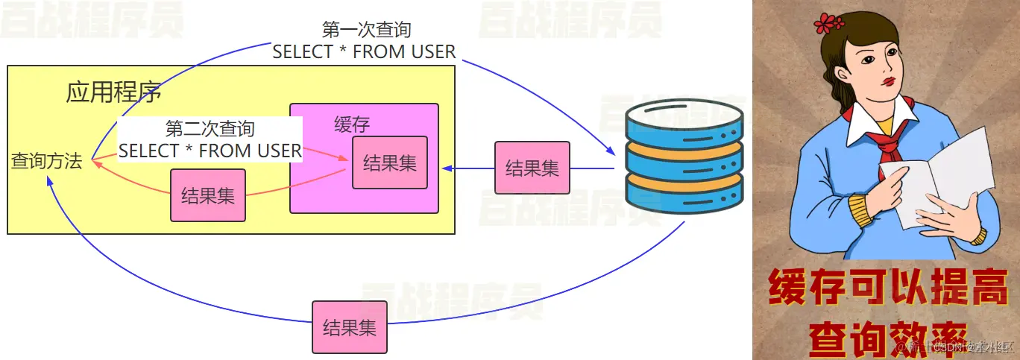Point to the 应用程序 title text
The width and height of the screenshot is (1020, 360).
pyautogui.click(x=113, y=94)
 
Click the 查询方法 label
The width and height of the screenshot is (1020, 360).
pyautogui.click(x=46, y=161)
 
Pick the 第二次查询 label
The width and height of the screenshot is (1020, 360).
pyautogui.click(x=210, y=128)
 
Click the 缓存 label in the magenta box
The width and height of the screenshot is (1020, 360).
pyautogui.click(x=352, y=124)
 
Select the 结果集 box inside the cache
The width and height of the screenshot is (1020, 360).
pyautogui.click(x=389, y=162)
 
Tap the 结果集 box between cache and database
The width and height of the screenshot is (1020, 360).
pyautogui.click(x=532, y=168)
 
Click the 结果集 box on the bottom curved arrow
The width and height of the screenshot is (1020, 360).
pyautogui.click(x=349, y=327)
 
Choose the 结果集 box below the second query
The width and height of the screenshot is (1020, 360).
pyautogui.click(x=208, y=195)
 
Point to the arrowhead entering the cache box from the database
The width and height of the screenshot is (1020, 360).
pyautogui.click(x=445, y=168)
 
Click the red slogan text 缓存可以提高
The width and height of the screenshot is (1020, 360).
pyautogui.click(x=887, y=289)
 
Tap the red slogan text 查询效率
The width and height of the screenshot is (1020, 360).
pyautogui.click(x=887, y=337)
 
